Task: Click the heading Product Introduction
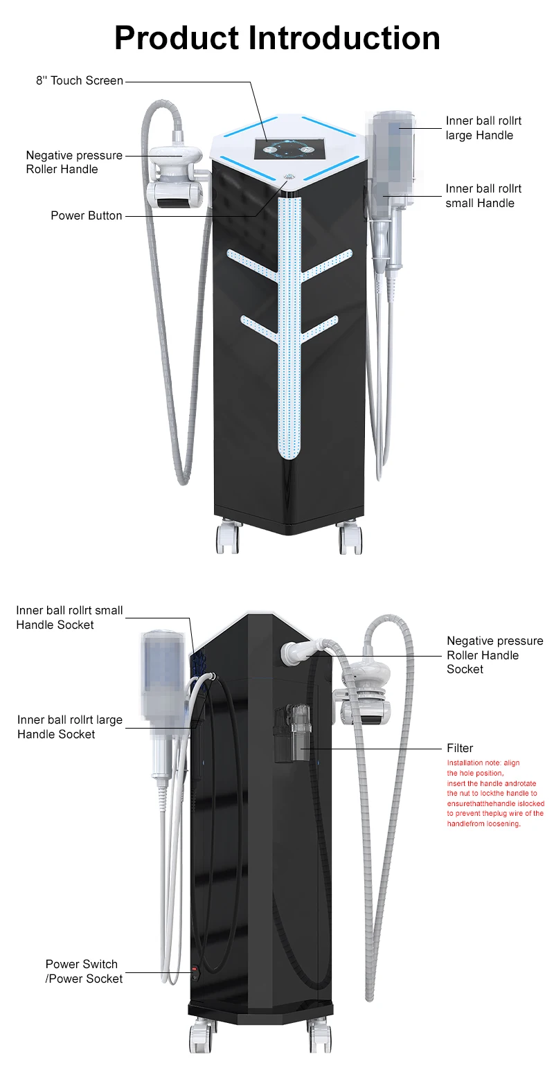277,37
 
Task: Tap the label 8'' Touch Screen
80,81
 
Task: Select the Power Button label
87,216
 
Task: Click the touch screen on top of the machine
281,149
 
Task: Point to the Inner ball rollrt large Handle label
483,128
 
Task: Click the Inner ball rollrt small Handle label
483,196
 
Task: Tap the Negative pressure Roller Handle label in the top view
74,162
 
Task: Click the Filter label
460,748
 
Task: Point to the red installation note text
494,793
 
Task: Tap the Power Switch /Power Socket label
84,971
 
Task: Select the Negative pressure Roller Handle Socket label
494,655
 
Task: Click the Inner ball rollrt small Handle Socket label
69,618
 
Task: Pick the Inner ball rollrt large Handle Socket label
69,727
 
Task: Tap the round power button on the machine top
289,176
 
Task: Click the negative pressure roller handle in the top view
177,173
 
